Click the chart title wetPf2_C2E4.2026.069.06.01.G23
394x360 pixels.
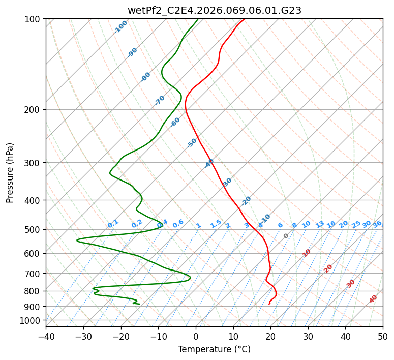tap(214, 10)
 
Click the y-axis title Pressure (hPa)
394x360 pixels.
tap(10, 172)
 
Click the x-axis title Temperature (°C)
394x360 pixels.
tap(214, 349)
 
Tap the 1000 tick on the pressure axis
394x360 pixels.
tap(30, 321)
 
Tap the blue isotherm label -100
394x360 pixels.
tap(120, 27)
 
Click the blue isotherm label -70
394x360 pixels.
tap(160, 100)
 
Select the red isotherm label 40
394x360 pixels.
tap(373, 299)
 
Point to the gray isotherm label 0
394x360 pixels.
tap(286, 236)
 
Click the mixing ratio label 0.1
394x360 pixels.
tap(113, 224)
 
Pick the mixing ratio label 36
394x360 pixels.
tap(377, 224)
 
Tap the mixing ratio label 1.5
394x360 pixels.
tap(216, 224)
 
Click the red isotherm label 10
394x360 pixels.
tap(307, 253)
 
